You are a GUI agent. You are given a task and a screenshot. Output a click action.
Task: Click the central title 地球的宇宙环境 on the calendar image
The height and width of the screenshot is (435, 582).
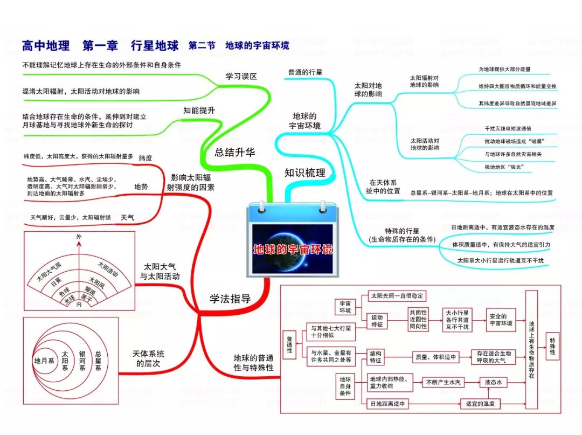[x=293, y=250]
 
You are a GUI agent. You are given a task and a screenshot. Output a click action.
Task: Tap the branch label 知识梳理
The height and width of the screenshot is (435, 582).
[x=305, y=172]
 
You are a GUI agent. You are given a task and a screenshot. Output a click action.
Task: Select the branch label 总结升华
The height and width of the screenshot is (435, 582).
[x=235, y=152]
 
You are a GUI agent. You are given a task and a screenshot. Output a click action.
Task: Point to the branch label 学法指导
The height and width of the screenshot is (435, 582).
[x=230, y=299]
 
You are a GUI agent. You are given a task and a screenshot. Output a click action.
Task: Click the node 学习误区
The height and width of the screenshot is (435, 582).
[x=241, y=76]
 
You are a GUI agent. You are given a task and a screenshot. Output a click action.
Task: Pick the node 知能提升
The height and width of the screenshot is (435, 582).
[x=199, y=110]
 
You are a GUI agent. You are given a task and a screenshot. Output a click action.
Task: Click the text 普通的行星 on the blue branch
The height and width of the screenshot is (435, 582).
[x=305, y=72]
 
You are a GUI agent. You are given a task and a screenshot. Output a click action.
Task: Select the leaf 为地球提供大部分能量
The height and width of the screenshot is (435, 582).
[x=505, y=70]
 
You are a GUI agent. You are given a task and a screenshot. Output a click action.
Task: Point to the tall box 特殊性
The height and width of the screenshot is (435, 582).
[x=553, y=346]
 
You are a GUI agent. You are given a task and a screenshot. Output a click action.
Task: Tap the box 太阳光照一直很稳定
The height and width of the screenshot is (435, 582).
[x=397, y=296]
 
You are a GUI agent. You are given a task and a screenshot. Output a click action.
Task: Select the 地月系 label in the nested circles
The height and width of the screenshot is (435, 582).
[x=44, y=361]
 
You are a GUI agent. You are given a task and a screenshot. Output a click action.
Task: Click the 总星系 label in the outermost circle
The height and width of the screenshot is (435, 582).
[x=98, y=361]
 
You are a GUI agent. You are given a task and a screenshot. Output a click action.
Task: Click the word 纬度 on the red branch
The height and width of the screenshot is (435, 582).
[x=145, y=158]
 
